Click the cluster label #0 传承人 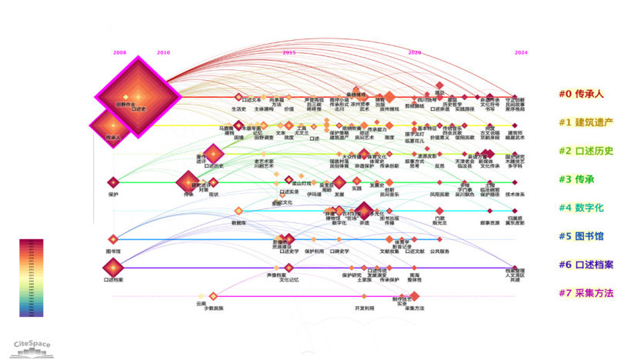click(581, 94)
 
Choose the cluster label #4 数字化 click(581, 208)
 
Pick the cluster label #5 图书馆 click(581, 236)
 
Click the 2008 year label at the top click(119, 52)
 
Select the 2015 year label click(289, 52)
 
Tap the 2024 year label click(521, 52)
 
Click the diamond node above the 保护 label click(113, 182)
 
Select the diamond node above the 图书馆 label click(113, 239)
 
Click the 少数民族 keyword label click(213, 308)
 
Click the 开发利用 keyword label click(364, 308)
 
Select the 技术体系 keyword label click(514, 195)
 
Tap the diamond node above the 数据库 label click(239, 211)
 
